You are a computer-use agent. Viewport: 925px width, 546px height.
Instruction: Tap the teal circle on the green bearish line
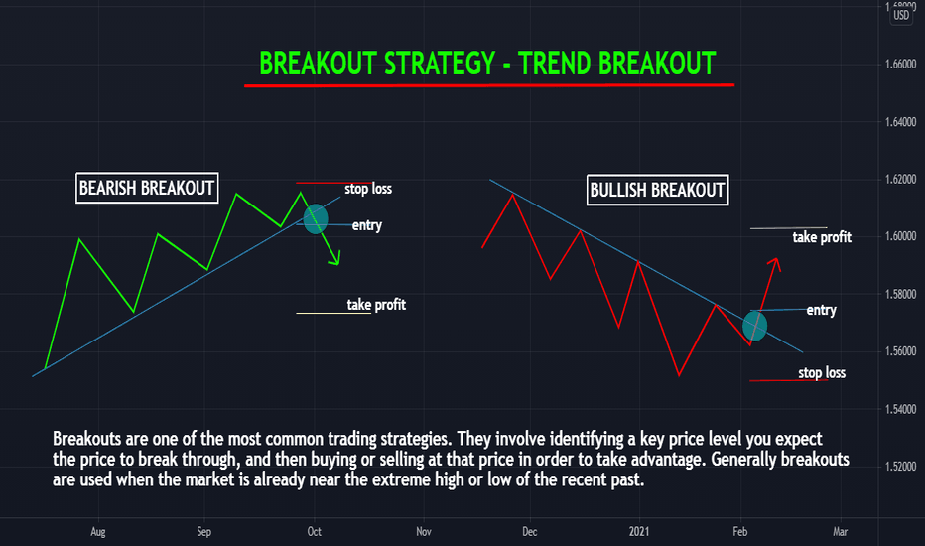pos(315,218)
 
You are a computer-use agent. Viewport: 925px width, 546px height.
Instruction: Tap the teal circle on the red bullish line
pos(754,326)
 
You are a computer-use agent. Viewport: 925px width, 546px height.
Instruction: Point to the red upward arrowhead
pos(774,264)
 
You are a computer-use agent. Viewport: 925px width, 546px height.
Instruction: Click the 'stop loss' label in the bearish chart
pos(368,189)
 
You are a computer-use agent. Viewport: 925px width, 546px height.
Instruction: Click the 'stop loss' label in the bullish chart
pos(822,372)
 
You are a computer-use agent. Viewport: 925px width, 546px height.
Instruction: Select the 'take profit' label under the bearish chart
pos(376,305)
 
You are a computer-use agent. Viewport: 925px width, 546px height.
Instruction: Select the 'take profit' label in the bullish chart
pos(822,237)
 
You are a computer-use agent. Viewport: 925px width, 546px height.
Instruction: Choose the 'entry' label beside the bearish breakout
pos(367,225)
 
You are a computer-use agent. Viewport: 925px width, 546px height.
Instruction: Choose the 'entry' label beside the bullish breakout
pos(821,310)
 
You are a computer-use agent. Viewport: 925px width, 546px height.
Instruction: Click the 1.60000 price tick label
pos(901,236)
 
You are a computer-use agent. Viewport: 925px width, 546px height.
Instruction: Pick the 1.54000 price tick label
pos(901,409)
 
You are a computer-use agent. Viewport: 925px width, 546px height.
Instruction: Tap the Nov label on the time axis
pos(424,532)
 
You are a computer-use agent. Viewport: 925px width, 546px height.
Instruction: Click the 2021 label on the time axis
pos(639,532)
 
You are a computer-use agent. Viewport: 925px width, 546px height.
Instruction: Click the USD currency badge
pos(901,15)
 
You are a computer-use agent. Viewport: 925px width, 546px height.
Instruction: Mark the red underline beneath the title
pos(489,85)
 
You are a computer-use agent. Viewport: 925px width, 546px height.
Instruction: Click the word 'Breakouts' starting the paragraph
pos(87,439)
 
